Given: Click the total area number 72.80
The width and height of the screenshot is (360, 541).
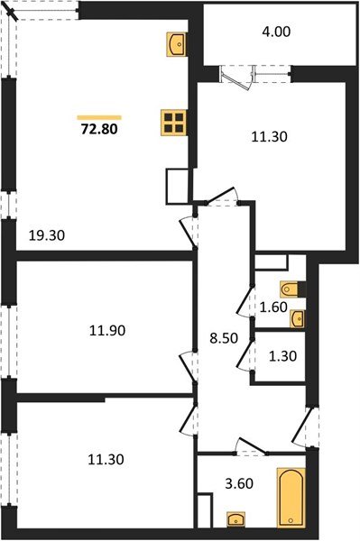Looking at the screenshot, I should [99, 129].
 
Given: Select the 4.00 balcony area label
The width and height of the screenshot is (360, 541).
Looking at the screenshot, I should [278, 32].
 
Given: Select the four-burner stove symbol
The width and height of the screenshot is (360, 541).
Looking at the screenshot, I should [174, 123].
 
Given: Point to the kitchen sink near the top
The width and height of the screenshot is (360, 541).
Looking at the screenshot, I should [176, 42].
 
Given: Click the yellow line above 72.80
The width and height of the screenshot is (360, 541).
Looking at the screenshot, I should [99, 115].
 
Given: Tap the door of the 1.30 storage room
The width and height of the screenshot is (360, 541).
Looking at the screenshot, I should [244, 353].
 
